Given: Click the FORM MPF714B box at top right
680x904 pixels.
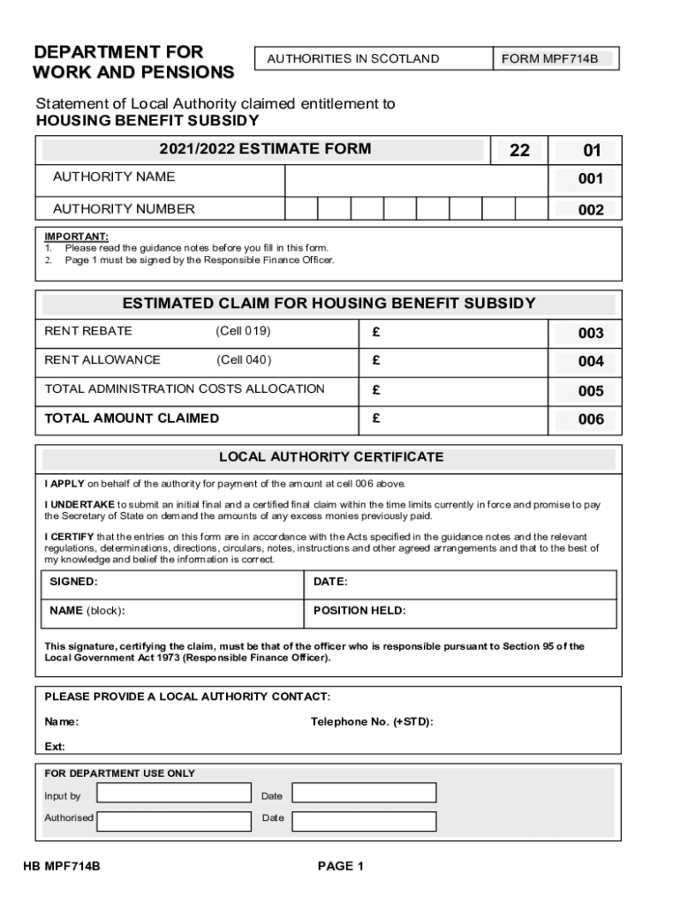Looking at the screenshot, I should [x=555, y=59].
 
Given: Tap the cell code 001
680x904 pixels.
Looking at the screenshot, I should [x=590, y=179].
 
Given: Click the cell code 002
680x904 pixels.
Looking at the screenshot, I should [x=590, y=210].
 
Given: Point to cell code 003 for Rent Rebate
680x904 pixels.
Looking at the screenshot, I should [x=590, y=333].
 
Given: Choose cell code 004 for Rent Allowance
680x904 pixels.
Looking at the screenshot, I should [x=590, y=361].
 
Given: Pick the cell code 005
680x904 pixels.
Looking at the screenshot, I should [x=590, y=391].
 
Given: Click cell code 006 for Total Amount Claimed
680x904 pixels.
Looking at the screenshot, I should [x=590, y=420].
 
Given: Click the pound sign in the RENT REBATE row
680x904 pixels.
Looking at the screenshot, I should [x=375, y=332].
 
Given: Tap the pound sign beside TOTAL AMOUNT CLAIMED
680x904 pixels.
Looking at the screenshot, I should [x=375, y=418].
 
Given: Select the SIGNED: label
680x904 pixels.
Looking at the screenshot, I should [x=73, y=583].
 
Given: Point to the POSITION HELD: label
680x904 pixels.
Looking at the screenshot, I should [x=359, y=611].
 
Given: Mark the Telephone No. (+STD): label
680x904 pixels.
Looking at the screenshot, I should [x=372, y=722].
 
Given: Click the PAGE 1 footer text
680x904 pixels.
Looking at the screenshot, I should [x=341, y=866].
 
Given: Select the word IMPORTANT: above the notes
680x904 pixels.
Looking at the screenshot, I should [x=77, y=237].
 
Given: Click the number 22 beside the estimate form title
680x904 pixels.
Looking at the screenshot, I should [x=519, y=151].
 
